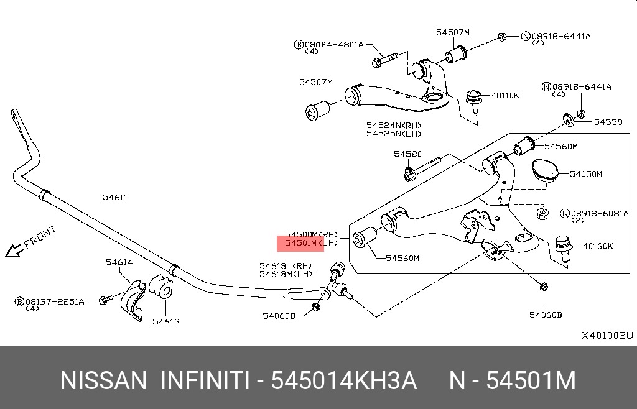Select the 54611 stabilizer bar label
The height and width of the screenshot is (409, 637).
115,198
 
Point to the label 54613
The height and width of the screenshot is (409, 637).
166,321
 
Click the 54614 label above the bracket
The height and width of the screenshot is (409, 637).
118,262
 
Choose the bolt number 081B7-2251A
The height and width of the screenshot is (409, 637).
54,301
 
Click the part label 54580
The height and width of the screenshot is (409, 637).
407,154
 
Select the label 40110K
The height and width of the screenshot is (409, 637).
505,95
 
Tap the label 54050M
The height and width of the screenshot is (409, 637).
586,174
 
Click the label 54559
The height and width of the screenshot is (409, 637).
608,122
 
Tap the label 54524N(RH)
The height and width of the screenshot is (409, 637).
393,124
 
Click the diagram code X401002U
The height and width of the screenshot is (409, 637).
607,336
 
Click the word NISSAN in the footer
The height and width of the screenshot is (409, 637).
103,380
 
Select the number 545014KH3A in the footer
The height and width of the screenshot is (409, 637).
344,380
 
